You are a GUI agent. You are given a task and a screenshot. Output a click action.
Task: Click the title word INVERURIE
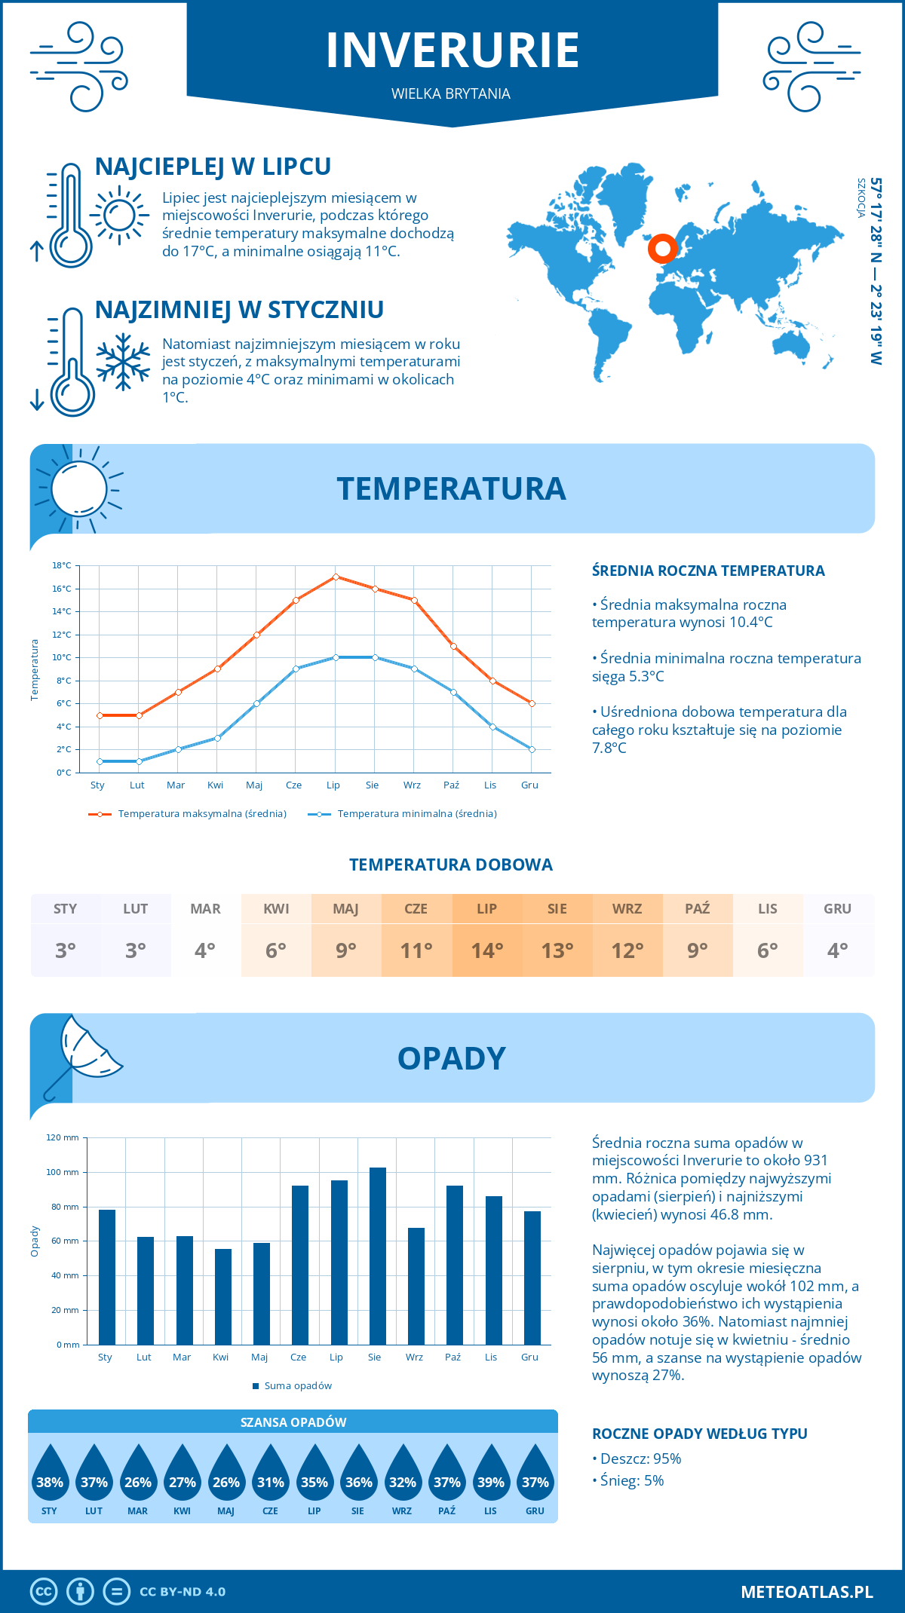point(452,51)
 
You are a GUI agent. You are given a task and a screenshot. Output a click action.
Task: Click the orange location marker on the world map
point(662,248)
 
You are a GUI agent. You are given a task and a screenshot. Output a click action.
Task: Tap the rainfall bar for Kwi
point(223,1296)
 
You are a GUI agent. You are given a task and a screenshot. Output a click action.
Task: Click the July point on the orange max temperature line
point(336,577)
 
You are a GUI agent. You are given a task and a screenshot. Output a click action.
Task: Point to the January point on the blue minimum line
point(100,761)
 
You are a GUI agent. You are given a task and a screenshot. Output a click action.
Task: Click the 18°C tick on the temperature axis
point(62,565)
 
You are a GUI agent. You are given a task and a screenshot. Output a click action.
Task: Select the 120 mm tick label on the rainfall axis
point(63,1137)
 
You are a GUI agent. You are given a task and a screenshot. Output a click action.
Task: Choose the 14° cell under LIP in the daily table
point(487,950)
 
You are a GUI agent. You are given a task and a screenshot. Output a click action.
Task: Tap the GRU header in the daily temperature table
point(837,908)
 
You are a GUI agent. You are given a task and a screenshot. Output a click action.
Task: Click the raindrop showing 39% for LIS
point(491,1477)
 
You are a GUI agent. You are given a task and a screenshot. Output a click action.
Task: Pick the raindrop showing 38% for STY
point(50,1477)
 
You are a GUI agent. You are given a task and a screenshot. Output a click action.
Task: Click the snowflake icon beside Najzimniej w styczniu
point(123,361)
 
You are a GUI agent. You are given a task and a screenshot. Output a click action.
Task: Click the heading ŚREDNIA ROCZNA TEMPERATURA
point(708,571)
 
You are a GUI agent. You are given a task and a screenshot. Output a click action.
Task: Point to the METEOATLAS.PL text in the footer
point(806,1591)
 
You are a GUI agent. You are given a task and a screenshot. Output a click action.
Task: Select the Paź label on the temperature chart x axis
point(451,785)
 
